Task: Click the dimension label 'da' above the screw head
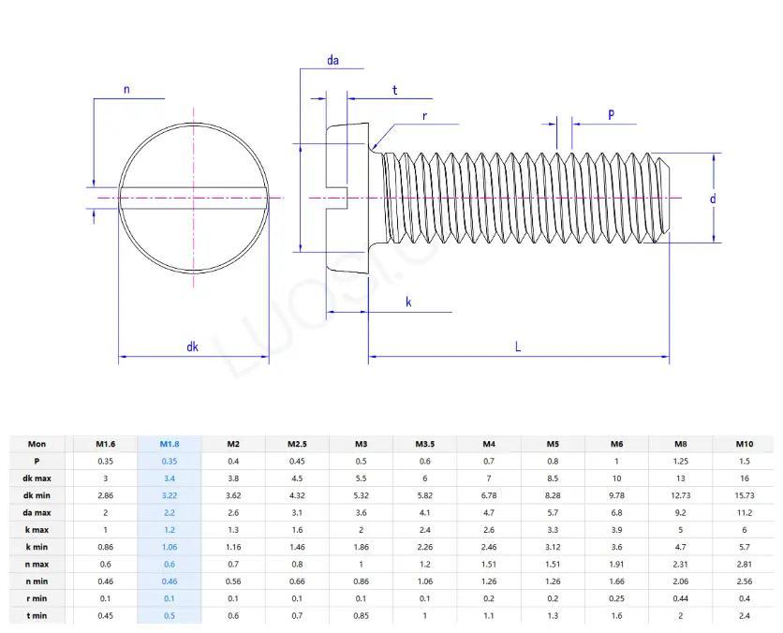tap(332, 61)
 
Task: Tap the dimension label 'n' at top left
tap(126, 90)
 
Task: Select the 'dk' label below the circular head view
tap(192, 346)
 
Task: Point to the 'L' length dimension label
tap(518, 346)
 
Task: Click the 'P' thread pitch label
tap(611, 114)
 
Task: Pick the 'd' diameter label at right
tap(712, 199)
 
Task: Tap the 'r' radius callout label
tap(424, 117)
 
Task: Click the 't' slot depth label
tap(394, 91)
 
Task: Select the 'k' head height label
tap(408, 302)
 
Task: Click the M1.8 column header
tap(169, 444)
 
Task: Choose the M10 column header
tap(744, 444)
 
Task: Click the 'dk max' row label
tap(37, 478)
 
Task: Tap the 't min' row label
tap(37, 614)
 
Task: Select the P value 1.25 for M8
tap(680, 461)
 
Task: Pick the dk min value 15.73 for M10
tap(744, 494)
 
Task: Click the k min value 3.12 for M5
tap(553, 546)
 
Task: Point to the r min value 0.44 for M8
tap(680, 597)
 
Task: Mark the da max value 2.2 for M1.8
tap(169, 512)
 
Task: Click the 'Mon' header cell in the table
tap(37, 444)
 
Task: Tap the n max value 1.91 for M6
tap(616, 563)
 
